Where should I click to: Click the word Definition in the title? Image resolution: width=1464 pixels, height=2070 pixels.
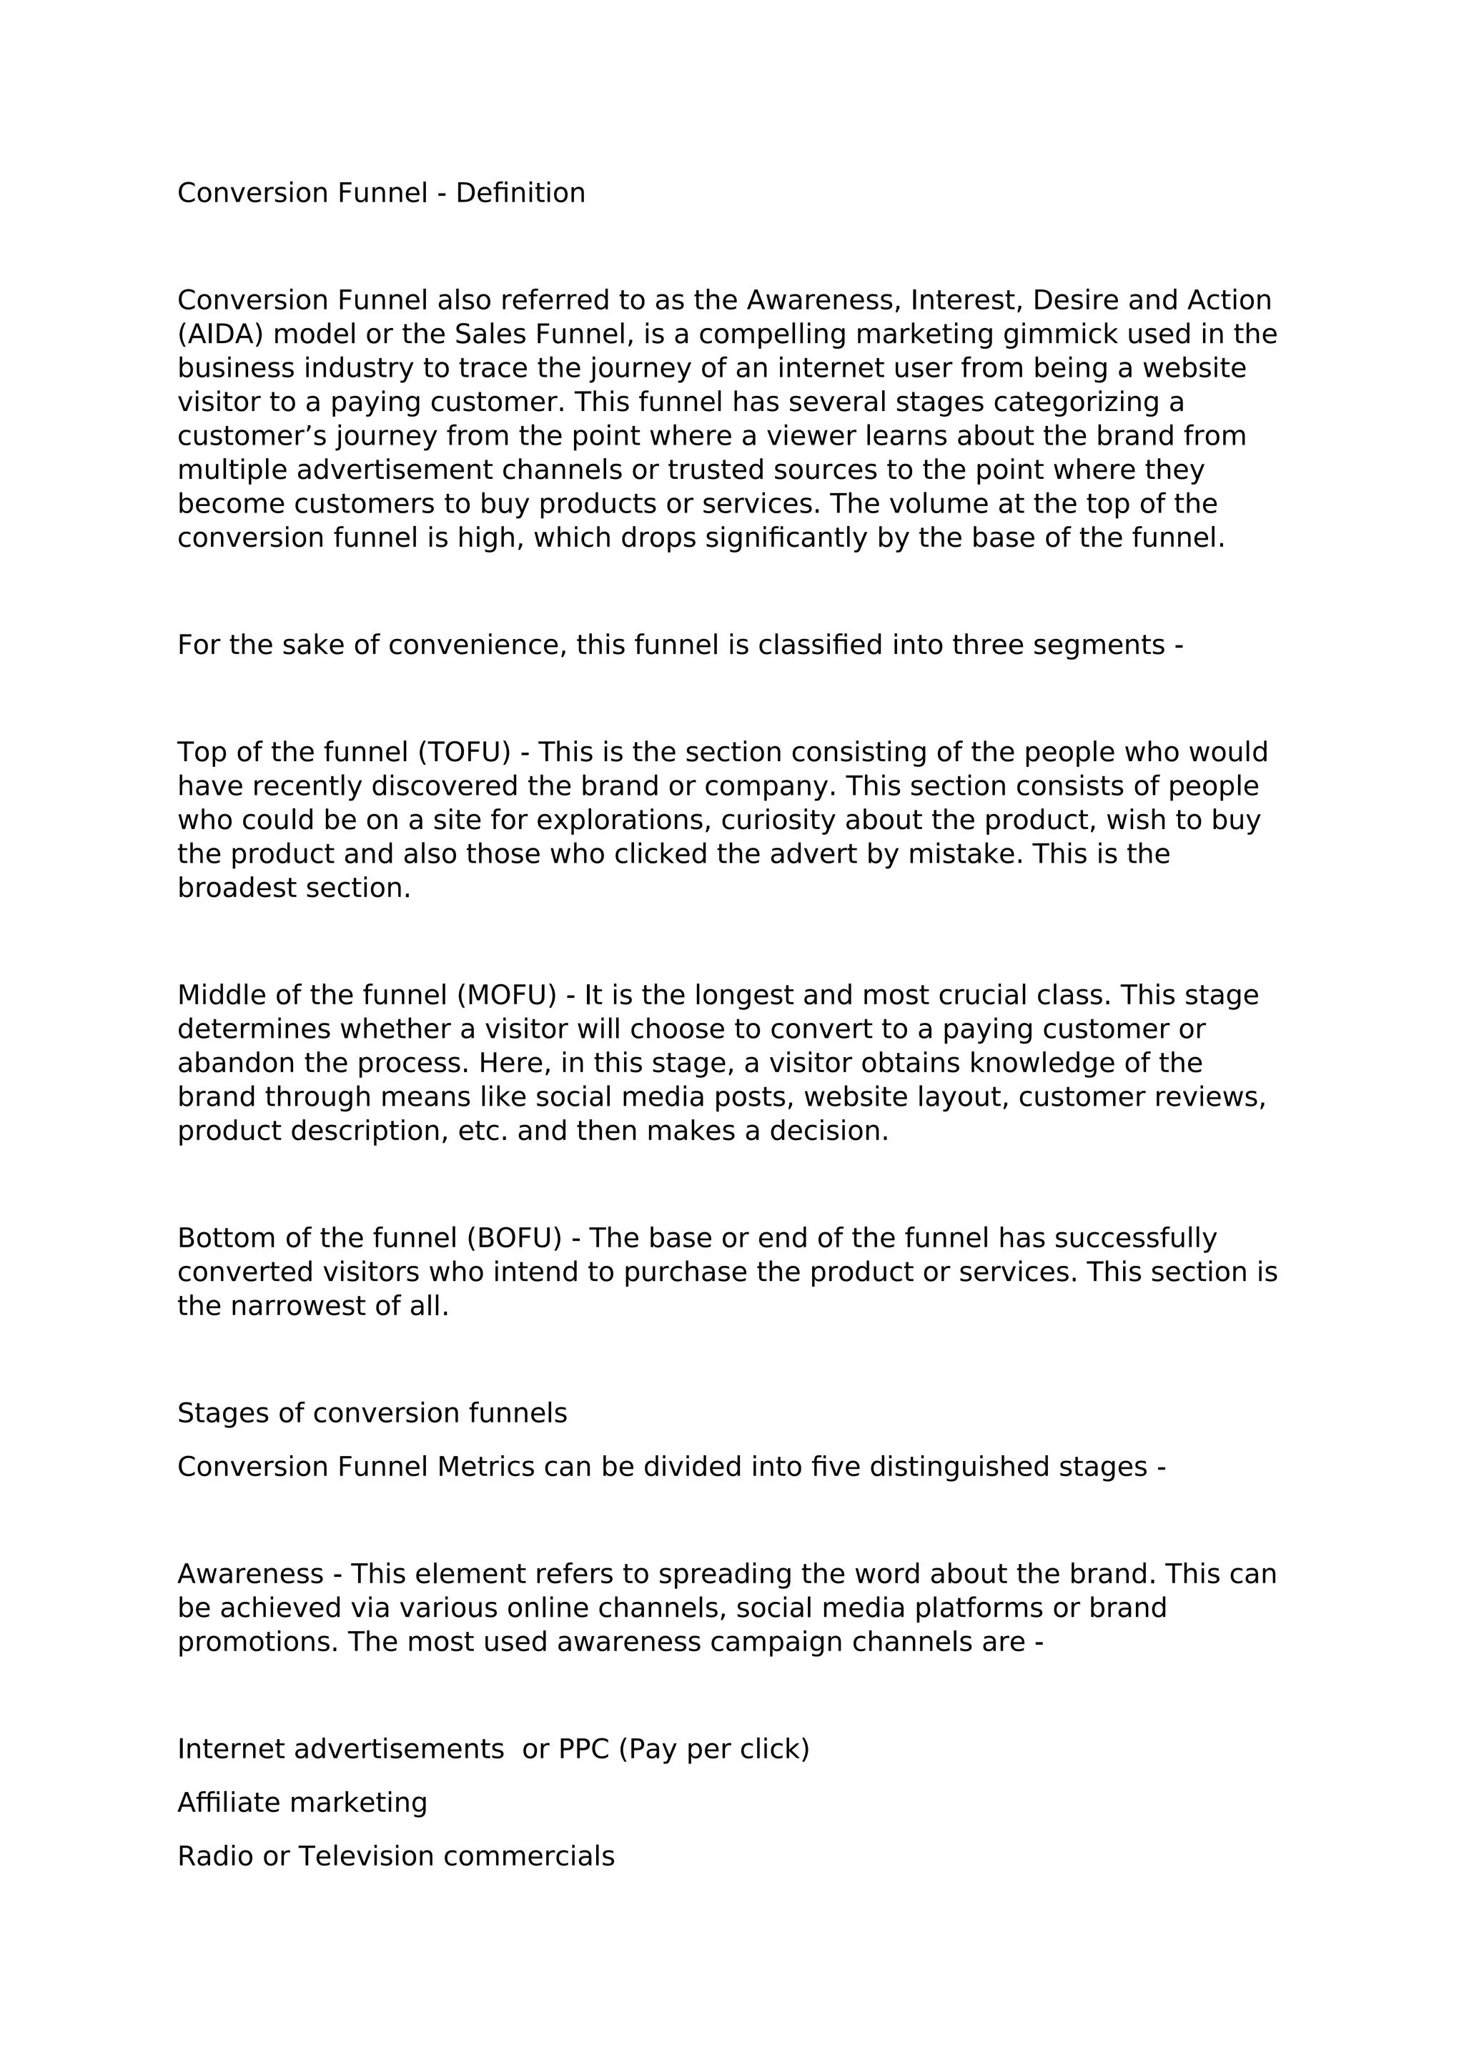[520, 193]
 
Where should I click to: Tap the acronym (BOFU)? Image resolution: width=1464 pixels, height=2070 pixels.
[514, 1238]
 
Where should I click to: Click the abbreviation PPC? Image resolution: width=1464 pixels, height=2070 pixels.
[583, 1749]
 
